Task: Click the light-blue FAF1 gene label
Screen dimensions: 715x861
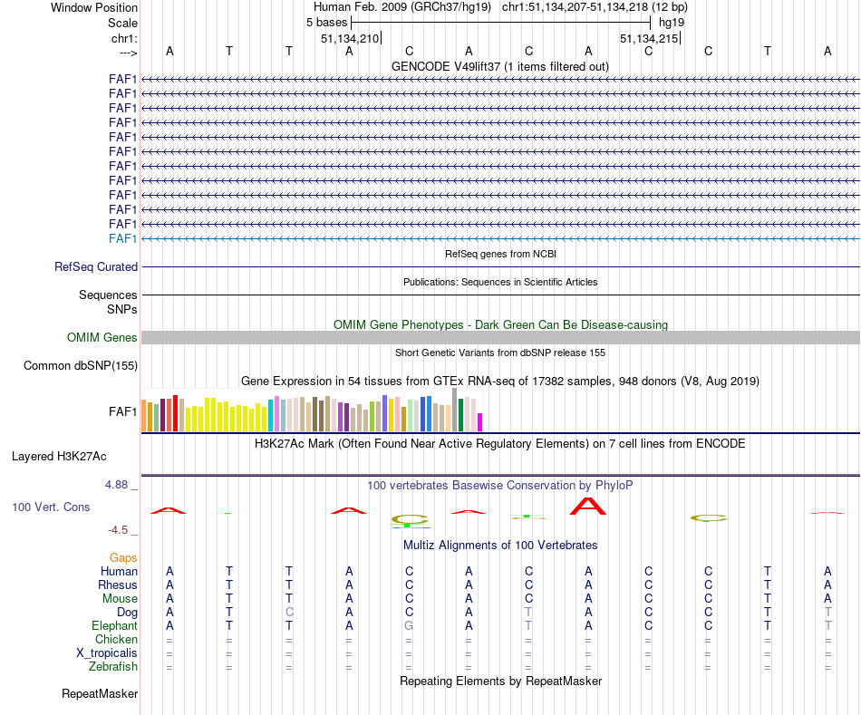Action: coord(122,238)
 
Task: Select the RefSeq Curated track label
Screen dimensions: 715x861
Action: coord(96,267)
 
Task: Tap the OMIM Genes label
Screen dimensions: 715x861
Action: coord(102,338)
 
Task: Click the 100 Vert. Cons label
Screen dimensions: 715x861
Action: coord(51,507)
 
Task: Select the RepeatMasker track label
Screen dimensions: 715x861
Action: coord(100,694)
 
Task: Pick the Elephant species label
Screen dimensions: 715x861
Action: coord(114,625)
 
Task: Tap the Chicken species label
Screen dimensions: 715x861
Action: coord(117,640)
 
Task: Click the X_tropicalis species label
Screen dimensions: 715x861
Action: coord(107,653)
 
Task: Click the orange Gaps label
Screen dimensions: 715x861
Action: coord(123,557)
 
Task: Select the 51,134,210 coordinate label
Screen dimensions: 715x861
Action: coord(349,39)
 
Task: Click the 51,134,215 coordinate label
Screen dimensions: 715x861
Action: coord(648,39)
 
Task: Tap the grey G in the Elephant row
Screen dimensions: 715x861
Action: coord(409,626)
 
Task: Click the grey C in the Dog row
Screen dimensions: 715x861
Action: coord(289,613)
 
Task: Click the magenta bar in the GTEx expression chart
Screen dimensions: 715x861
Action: coord(480,422)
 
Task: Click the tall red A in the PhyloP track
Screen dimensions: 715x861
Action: coord(588,506)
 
